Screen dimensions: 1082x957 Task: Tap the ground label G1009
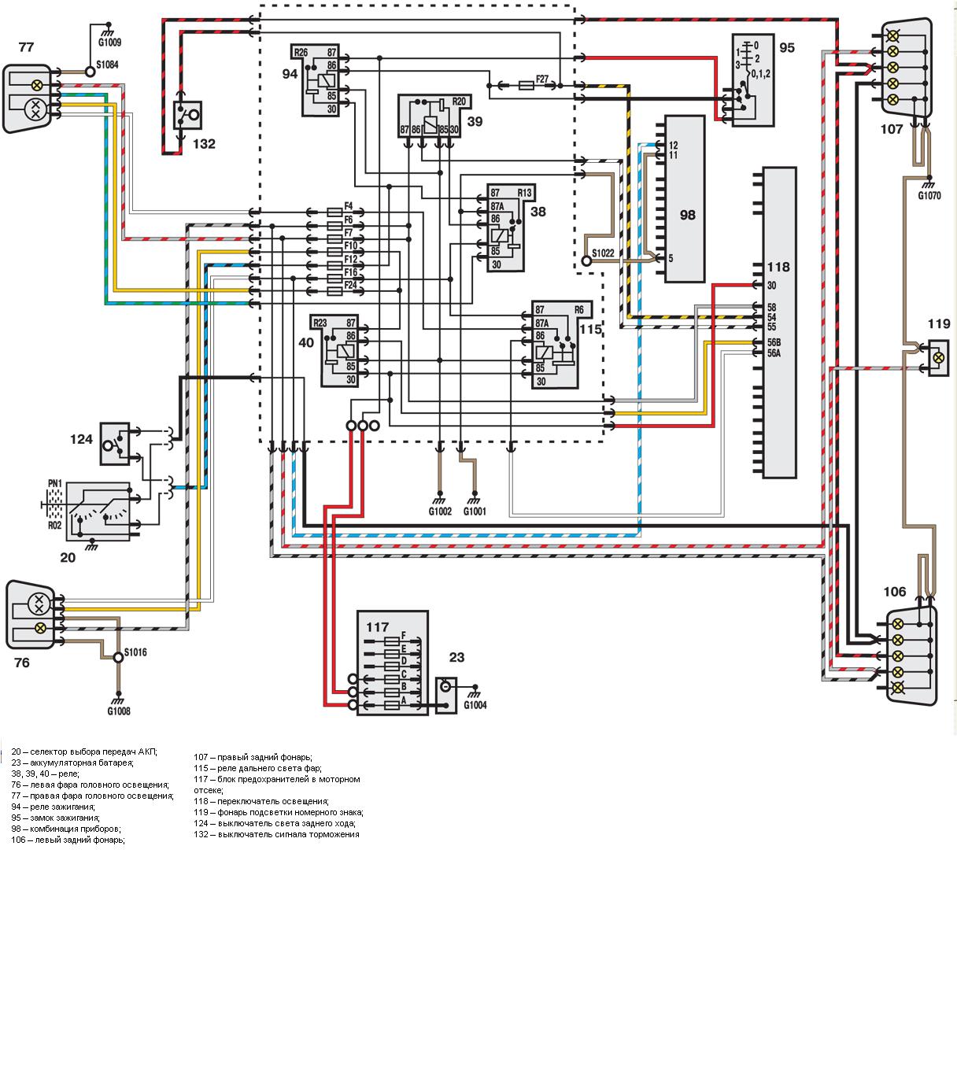pos(109,42)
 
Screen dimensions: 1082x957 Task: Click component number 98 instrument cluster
pos(687,214)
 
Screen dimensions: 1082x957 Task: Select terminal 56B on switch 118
pos(774,342)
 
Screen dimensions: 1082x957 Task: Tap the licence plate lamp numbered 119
pos(937,357)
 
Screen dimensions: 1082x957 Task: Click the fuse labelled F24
pos(350,284)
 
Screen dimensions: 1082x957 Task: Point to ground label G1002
pos(440,511)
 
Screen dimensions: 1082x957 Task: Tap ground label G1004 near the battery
pos(475,705)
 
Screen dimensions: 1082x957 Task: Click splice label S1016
pos(135,652)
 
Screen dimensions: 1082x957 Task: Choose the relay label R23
pos(320,322)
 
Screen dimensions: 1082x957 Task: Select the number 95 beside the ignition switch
pos(786,47)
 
